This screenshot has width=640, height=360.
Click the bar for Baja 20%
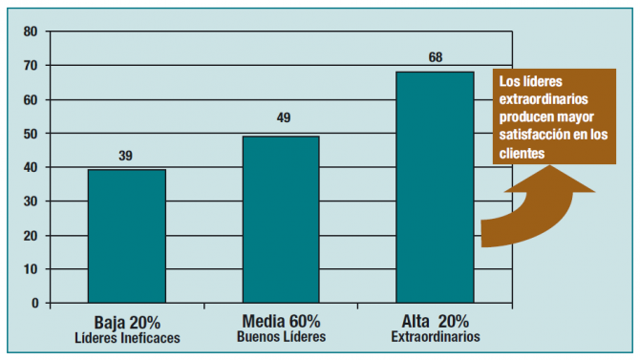(x=127, y=237)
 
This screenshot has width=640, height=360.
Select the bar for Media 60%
(x=281, y=220)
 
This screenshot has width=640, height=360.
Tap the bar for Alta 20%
(x=435, y=187)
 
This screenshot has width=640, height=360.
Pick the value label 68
(x=435, y=57)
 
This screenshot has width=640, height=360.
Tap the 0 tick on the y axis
(x=33, y=304)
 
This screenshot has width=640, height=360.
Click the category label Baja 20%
(x=126, y=321)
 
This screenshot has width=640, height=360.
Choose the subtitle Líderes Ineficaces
(x=126, y=337)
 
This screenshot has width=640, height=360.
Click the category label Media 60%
(x=281, y=321)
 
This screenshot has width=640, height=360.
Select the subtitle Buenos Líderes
(x=281, y=337)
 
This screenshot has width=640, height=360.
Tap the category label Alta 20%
(x=435, y=321)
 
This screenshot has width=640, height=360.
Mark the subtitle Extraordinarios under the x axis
(x=435, y=337)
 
